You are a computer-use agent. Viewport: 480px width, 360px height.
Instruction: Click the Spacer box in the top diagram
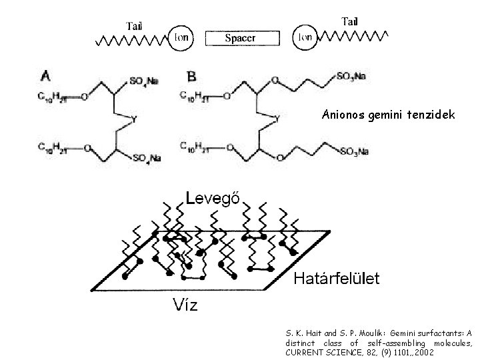[x=239, y=38]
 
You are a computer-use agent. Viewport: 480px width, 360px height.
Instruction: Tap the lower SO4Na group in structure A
[x=147, y=158]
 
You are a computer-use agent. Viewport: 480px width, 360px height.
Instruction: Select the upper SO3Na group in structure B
[x=351, y=77]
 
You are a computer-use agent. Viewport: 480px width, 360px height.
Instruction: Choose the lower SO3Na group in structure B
[x=353, y=153]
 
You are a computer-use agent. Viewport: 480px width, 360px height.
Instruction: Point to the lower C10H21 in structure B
[x=197, y=145]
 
